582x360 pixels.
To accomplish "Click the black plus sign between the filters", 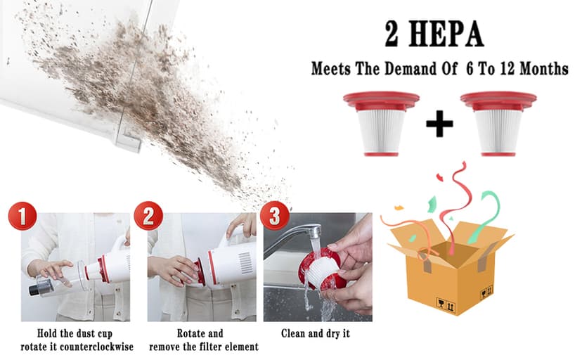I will point(439,124).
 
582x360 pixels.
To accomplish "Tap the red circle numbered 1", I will point(22,217).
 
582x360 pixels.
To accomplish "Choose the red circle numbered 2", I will point(148,217).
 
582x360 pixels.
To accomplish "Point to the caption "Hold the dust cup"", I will point(75,333).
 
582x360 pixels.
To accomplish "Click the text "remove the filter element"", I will point(203,347).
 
